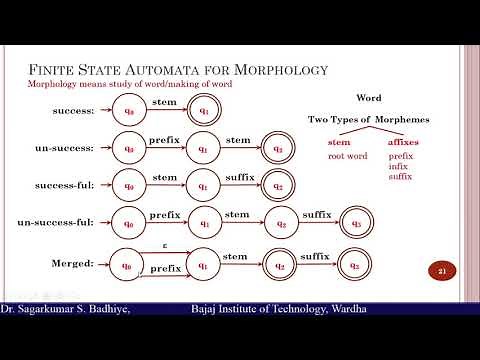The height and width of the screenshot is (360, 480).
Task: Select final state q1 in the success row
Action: click(x=205, y=111)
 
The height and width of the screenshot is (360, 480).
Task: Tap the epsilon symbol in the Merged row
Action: click(x=165, y=244)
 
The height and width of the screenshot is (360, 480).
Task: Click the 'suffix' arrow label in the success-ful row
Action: click(x=239, y=177)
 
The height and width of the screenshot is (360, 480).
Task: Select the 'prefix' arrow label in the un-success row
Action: click(x=165, y=140)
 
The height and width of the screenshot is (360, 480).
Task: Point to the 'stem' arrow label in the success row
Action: click(x=165, y=102)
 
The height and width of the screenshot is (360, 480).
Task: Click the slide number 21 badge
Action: click(x=441, y=271)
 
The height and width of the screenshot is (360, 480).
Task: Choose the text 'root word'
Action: click(x=344, y=157)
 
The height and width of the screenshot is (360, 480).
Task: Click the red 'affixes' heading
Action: click(x=406, y=143)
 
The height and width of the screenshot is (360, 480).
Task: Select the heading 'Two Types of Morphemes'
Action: click(x=369, y=120)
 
